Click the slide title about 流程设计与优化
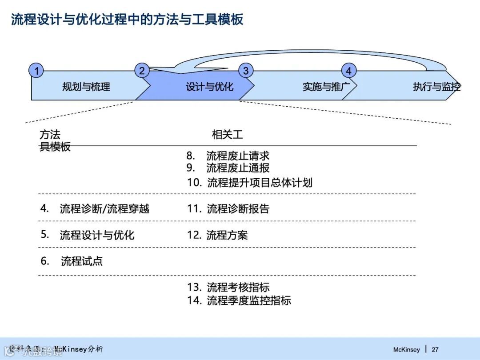pos(127,20)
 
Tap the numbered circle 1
pos(36,71)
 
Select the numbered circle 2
pos(142,71)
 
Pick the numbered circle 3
pos(245,71)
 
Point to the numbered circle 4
pos(348,71)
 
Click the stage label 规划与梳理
pos(86,87)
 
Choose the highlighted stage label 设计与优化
pos(209,87)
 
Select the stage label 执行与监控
pos(436,87)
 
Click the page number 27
pos(435,349)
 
